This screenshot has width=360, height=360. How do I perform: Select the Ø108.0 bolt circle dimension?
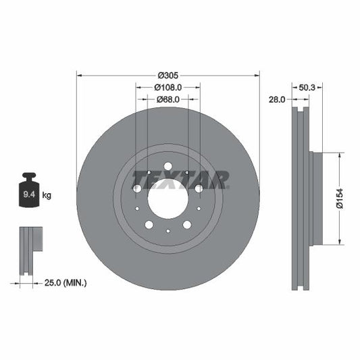point(168,88)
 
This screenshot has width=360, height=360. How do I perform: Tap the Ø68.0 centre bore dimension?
point(168,100)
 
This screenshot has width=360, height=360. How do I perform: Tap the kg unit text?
point(47,196)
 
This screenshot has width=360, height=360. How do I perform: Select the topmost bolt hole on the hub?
point(168,166)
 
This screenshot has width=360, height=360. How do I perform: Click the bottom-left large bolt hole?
point(149,224)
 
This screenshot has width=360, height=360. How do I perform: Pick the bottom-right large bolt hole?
point(187,224)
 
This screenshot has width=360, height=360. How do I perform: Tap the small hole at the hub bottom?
point(168,231)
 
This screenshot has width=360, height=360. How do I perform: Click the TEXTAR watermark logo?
point(180,179)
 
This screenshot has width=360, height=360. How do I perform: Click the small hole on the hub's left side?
point(137,190)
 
